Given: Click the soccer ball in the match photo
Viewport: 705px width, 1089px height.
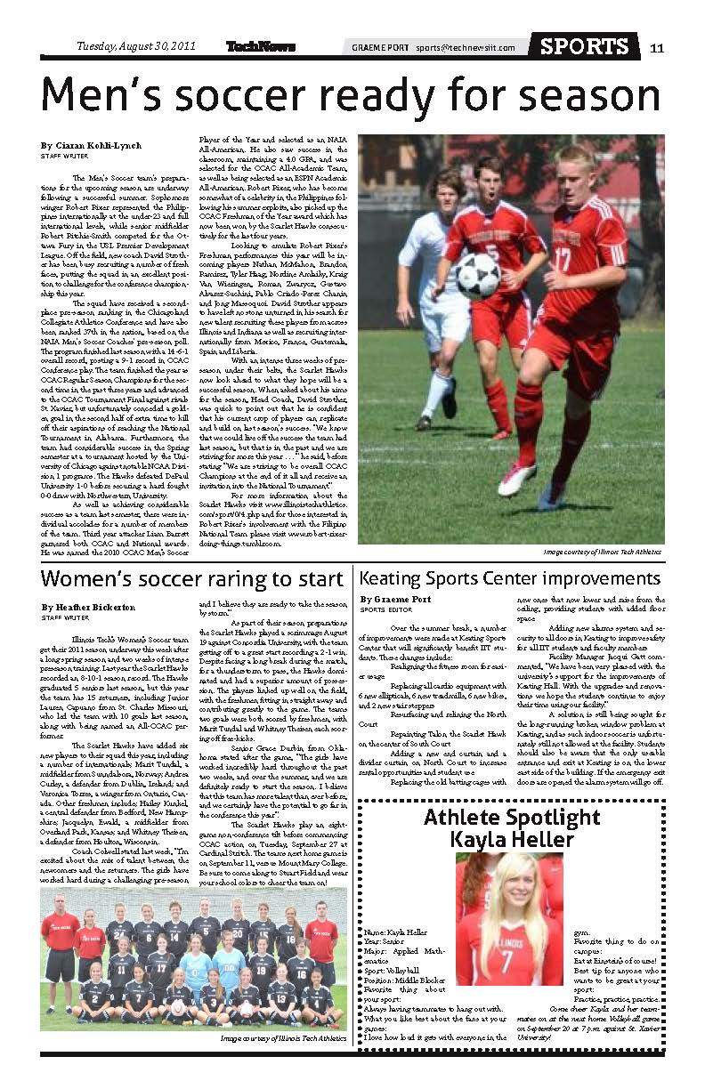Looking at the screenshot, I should (478, 276).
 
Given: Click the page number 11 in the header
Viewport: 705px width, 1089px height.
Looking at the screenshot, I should (656, 47).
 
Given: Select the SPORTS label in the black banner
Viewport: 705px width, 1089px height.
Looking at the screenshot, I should (584, 46).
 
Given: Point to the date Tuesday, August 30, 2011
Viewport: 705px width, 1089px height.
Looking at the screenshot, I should (135, 46).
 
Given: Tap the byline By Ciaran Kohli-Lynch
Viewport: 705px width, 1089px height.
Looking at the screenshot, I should (91, 144).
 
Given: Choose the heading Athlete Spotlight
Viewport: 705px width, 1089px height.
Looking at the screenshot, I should (512, 817).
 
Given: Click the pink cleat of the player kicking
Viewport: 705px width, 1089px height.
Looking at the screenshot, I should (517, 479).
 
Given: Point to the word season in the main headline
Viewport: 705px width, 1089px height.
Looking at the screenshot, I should (579, 96).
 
